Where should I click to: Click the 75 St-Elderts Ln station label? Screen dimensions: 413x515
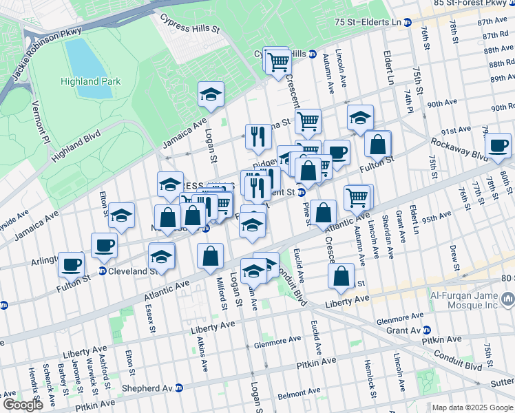[368, 22]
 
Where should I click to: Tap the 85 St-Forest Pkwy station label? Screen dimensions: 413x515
[474, 3]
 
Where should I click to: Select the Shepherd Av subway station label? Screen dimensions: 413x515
[147, 388]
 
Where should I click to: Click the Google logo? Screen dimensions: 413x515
[23, 405]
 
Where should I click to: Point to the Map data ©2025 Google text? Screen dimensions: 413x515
[472, 407]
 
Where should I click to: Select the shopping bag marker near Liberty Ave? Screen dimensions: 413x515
[341, 277]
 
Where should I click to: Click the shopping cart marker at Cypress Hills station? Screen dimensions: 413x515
[278, 62]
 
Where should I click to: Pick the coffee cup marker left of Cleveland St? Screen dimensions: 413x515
[72, 263]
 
